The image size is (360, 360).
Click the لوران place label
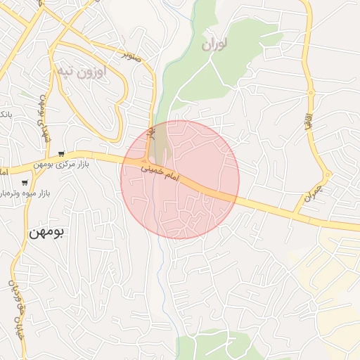tap(215, 44)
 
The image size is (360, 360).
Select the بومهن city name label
tap(46, 232)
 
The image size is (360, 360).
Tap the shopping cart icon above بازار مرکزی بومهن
tap(63, 154)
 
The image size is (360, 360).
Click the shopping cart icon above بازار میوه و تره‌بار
tap(25, 182)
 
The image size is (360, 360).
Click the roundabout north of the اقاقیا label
tap(310, 92)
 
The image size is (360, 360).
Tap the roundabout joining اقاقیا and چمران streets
tap(328, 174)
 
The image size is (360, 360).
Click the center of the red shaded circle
tap(180, 179)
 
